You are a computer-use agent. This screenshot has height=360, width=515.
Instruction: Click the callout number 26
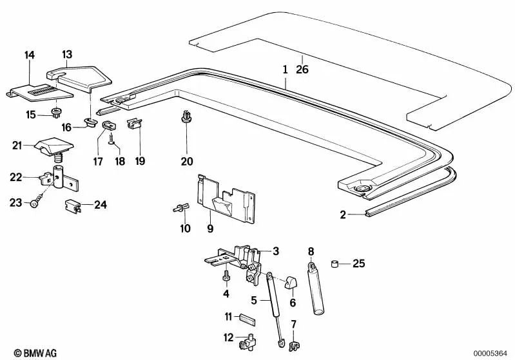(x=302, y=69)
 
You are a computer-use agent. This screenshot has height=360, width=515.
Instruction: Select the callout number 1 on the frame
(x=284, y=69)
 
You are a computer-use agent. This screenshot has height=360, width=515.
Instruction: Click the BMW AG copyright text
(x=26, y=352)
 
